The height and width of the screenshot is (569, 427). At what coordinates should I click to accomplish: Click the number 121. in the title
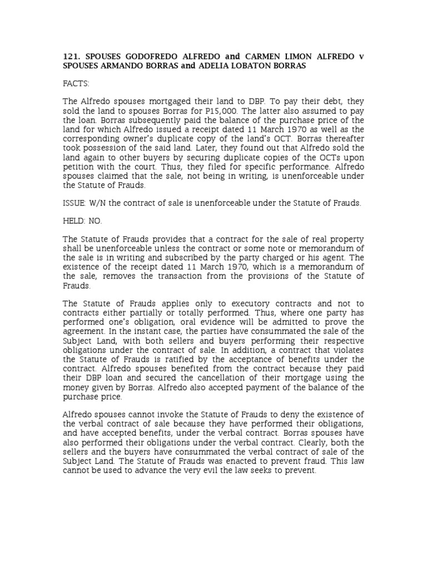coord(70,57)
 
